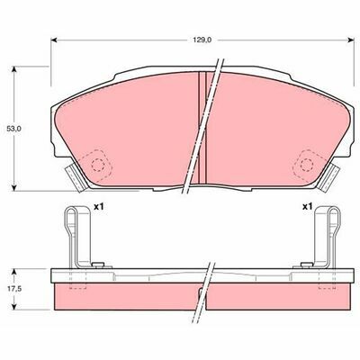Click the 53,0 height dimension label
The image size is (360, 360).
(x=14, y=129)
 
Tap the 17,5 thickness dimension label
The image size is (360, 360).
(x=14, y=289)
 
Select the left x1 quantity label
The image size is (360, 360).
(x=98, y=206)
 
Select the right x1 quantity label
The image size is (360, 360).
(x=307, y=206)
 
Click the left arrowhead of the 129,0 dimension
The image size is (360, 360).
(x=54, y=40)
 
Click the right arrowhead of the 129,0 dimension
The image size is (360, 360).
(x=351, y=40)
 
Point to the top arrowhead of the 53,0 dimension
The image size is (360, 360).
(x=13, y=69)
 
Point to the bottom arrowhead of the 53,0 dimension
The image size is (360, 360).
(x=13, y=187)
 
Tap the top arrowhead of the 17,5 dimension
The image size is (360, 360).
(x=13, y=272)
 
